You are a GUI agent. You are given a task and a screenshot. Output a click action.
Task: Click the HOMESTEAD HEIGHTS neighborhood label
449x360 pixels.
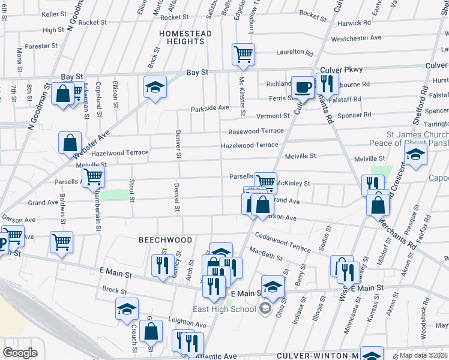(x=185, y=38)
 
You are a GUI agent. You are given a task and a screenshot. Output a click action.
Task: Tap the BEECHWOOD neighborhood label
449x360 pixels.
(x=166, y=240)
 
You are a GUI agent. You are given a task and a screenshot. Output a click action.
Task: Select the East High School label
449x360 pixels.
(x=224, y=309)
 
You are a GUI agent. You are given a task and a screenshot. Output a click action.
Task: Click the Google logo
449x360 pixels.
(x=20, y=353)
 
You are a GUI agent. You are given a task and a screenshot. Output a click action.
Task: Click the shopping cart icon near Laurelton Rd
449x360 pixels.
(x=243, y=54)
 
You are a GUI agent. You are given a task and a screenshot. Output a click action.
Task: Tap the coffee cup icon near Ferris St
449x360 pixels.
(x=303, y=87)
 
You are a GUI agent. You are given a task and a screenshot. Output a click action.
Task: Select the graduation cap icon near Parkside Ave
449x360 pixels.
(x=155, y=88)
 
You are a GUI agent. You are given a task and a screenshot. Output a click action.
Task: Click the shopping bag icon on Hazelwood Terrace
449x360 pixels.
(x=70, y=143)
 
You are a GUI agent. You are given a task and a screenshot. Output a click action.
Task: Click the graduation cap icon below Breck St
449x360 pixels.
(x=127, y=308)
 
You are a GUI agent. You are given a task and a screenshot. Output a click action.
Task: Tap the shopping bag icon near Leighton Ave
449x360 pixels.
(x=152, y=331)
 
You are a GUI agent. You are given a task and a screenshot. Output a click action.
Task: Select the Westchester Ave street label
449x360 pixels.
(x=356, y=38)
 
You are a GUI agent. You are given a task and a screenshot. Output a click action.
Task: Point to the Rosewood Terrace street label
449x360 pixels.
(x=255, y=131)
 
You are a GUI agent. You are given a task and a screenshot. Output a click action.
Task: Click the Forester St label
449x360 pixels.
(x=41, y=46)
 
